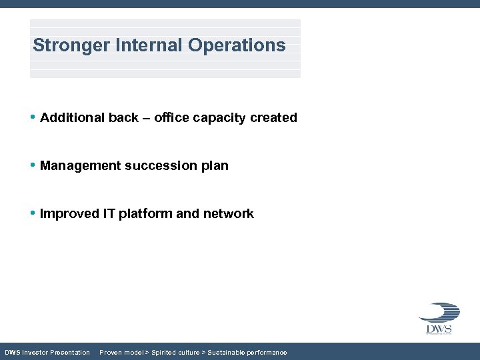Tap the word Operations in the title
pos(237,45)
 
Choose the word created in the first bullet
pos(273,118)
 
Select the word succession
pos(159,166)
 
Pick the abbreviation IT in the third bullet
pos(109,214)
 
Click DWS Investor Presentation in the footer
pos(47,353)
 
